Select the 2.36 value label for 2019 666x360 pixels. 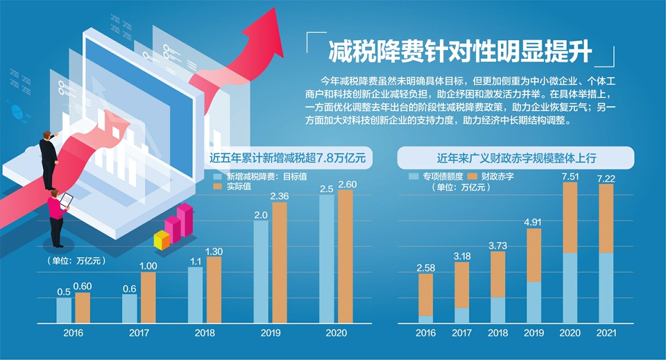(x=280, y=196)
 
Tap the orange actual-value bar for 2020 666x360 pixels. (x=345, y=257)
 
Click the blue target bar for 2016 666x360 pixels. (x=64, y=310)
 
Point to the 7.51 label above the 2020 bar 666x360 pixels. (x=570, y=175)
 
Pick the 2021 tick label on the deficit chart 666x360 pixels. (x=606, y=334)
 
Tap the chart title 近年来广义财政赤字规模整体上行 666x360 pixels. (x=516, y=158)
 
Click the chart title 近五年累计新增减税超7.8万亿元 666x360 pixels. (x=292, y=158)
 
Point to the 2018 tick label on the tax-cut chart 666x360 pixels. (x=205, y=334)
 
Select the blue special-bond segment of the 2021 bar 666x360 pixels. (x=606, y=288)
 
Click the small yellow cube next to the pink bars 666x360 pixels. (x=162, y=240)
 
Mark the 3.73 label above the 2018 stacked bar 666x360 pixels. (x=498, y=245)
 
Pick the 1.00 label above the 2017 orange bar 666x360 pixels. (x=148, y=266)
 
